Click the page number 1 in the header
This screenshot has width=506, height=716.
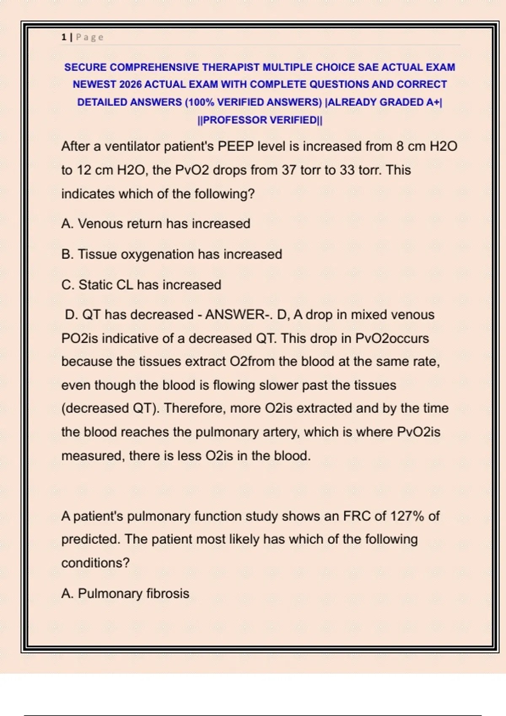point(64,37)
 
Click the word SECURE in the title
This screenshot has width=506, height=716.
point(85,67)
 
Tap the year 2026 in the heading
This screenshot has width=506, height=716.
point(130,85)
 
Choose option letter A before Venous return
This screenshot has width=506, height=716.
point(67,224)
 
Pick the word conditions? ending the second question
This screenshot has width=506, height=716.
point(95,563)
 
